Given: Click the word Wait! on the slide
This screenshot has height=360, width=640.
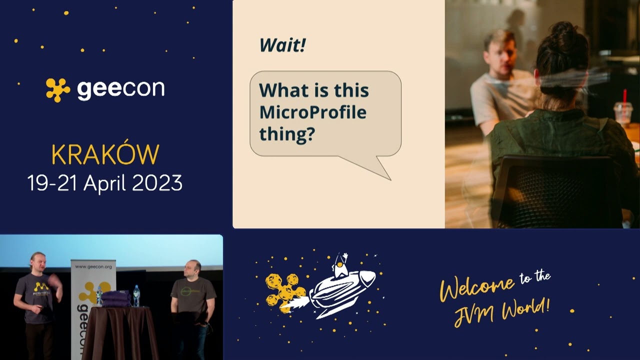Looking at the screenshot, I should [282, 45].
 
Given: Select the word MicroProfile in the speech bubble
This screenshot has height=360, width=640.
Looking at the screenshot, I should [312, 112].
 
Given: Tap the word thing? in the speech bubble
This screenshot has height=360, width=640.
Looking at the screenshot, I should [286, 134].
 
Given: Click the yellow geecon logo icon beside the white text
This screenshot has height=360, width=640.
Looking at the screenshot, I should [58, 89].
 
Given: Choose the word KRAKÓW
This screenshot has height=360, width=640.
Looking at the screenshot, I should [105, 155].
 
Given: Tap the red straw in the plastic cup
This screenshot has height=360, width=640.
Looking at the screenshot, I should [624, 97].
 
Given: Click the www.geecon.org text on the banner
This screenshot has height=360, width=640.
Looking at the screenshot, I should [93, 267].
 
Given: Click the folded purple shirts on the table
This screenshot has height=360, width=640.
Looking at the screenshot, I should [116, 298].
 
